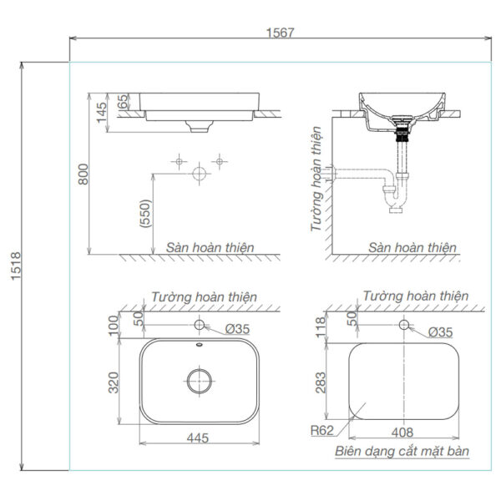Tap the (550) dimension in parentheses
(144, 214)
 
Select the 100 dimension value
(114, 324)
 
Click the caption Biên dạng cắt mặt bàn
(402, 452)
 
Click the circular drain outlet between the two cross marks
(199, 174)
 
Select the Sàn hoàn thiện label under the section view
(412, 247)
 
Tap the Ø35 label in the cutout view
(440, 331)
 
